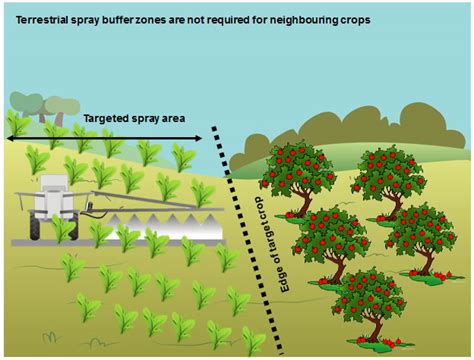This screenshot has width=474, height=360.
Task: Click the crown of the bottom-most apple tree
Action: coord(368,293)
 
